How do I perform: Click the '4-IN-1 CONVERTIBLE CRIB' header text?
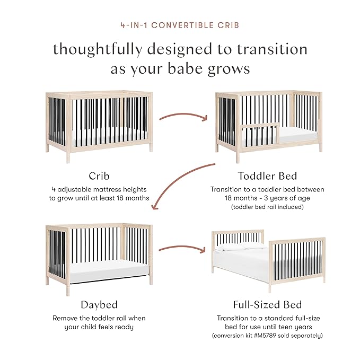[180, 24]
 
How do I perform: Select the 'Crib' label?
[99, 175]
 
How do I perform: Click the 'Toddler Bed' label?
[267, 175]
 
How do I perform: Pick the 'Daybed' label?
[99, 304]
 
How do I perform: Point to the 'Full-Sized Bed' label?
[267, 304]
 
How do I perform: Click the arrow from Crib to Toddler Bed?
[183, 114]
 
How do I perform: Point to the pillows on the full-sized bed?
[241, 247]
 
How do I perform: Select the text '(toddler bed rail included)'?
[267, 207]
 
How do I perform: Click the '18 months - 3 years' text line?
[267, 198]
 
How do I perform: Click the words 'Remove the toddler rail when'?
[99, 318]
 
